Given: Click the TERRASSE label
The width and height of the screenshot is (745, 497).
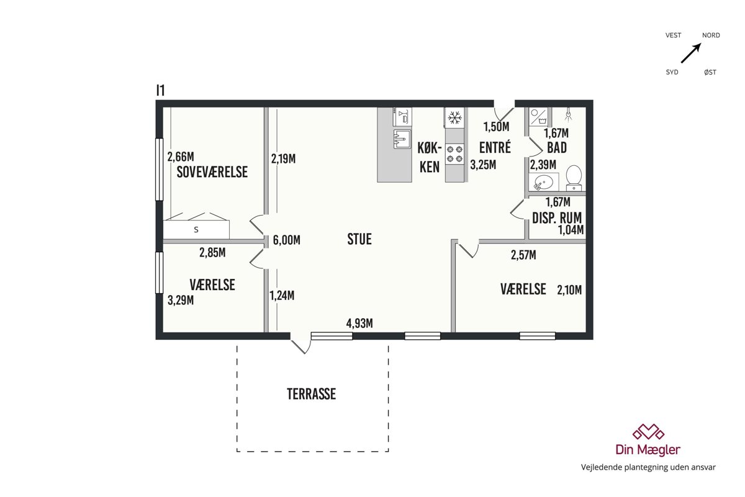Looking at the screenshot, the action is tap(311, 394).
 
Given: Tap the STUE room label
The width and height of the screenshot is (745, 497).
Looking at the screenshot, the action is tap(359, 239).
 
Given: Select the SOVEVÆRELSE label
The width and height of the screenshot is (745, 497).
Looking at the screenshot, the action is tap(212, 172).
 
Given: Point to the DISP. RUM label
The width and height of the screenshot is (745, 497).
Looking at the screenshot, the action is tap(557, 217).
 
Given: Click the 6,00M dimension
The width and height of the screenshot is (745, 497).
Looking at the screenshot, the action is tap(286, 240).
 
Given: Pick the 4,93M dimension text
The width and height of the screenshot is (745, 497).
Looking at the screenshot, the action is tap(359, 323).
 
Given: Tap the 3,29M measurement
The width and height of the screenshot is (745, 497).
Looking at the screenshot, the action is tap(181, 300).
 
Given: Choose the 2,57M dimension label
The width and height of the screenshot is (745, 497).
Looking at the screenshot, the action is tap(523, 255).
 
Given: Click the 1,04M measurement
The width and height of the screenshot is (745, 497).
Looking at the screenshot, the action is tap(571, 230).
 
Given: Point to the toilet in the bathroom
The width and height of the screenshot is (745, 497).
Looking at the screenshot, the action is tap(574, 178).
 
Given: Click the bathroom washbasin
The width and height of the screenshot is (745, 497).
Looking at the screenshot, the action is tap(543, 183).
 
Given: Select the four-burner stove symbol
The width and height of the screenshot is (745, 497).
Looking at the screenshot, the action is tap(454, 154).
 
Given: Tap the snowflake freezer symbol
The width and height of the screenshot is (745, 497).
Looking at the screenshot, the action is tap(454, 117).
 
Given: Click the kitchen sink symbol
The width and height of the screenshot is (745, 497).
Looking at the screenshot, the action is tap(402, 139).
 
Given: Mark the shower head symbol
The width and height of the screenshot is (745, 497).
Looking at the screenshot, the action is tap(569, 114).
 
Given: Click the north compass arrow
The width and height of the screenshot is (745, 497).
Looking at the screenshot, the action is tap(691, 53).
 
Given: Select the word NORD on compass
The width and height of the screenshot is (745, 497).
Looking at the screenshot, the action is tap(711, 35).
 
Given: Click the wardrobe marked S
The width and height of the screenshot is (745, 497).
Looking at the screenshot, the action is tap(196, 229).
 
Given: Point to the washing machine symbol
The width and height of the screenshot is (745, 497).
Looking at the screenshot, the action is tap(538, 117).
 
